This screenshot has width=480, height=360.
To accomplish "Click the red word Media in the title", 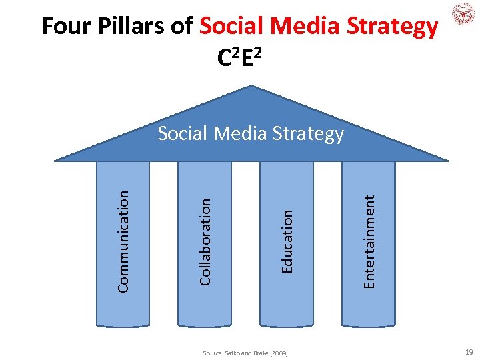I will click(301, 27).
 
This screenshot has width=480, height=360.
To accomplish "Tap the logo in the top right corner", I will click(461, 15).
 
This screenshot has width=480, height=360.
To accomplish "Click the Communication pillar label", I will click(123, 240).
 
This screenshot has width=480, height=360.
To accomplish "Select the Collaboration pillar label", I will click(205, 240).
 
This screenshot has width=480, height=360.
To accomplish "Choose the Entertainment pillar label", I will click(369, 240).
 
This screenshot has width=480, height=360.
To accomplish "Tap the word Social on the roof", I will click(182, 133).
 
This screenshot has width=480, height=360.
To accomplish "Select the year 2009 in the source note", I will click(279, 352).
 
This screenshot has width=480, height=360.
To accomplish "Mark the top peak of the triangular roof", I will click(251, 86).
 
